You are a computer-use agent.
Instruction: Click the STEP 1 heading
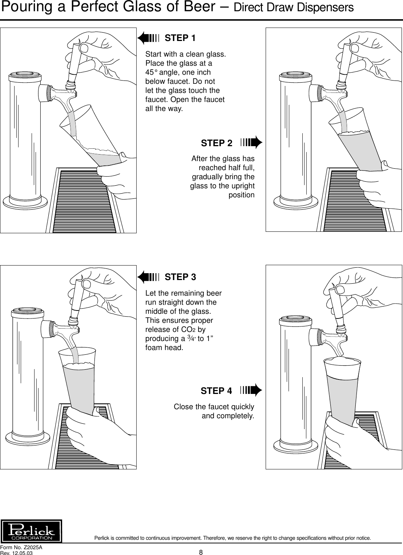[180, 38]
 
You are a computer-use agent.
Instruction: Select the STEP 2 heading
[217, 143]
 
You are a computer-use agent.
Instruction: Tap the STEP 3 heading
[180, 277]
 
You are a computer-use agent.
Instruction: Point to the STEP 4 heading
[216, 391]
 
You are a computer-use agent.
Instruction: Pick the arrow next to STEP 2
[251, 143]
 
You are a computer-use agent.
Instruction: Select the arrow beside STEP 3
[148, 277]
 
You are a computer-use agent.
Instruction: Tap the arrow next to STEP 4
[251, 390]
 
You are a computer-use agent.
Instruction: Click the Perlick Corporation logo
[32, 531]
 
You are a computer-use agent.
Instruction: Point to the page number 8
[201, 552]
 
